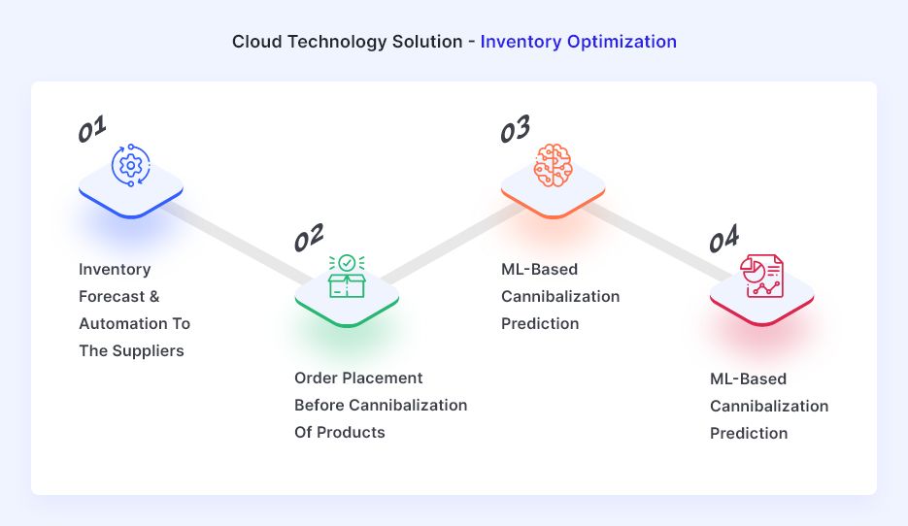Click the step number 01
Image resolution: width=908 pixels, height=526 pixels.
[x=92, y=128]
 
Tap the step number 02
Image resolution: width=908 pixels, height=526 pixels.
[x=309, y=238]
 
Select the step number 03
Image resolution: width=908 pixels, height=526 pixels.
[x=515, y=128]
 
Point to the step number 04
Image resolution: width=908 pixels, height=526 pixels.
[x=723, y=238]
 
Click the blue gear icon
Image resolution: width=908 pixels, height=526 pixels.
[x=131, y=166]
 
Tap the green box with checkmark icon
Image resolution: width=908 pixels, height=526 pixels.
[x=347, y=277]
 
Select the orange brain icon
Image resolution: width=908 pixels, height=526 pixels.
[x=553, y=166]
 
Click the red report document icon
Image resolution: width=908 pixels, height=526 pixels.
[x=761, y=276]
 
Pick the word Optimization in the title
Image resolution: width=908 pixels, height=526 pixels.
[x=622, y=42]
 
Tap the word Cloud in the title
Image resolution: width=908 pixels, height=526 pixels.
[x=257, y=42]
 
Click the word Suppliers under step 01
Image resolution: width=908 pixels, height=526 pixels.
[x=148, y=351]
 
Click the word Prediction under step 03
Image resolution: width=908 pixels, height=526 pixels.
[x=540, y=323]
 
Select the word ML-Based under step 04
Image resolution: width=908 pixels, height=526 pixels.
[x=748, y=379]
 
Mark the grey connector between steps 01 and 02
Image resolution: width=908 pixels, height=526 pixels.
[x=237, y=242]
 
